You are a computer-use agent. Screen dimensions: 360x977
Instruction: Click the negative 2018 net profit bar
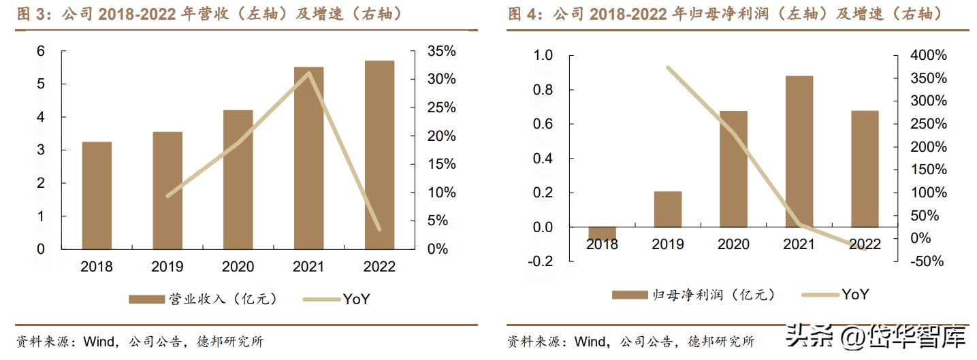(x=603, y=233)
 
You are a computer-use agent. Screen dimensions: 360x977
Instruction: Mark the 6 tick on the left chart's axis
(x=41, y=51)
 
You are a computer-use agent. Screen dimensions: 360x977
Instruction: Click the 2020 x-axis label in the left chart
(x=238, y=267)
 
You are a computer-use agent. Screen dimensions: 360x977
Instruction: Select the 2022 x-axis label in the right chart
(x=865, y=244)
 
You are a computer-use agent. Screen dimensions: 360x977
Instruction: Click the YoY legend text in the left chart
(x=356, y=298)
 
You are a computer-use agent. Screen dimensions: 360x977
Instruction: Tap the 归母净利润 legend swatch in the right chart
(x=630, y=295)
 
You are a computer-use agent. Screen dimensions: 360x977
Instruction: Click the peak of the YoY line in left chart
(x=309, y=73)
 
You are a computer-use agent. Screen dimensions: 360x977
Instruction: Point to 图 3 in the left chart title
(x=29, y=14)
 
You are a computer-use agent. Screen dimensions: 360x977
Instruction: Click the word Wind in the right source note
(x=590, y=341)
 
